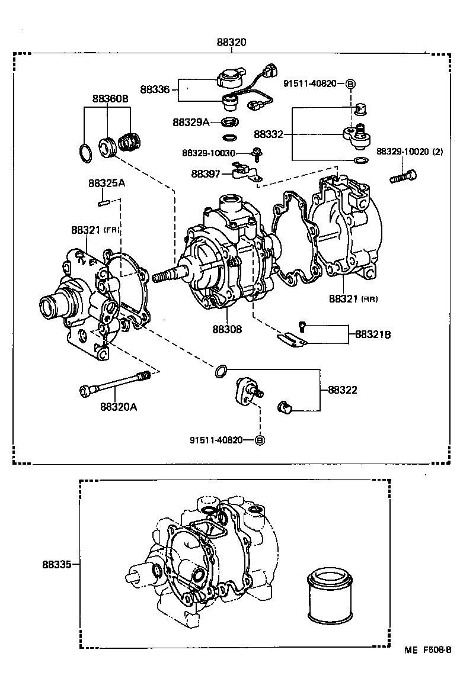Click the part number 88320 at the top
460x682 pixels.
231,42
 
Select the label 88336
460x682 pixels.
155,89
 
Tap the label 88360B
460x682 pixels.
110,99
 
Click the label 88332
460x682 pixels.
269,134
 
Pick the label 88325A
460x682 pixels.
107,183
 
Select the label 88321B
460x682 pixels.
373,334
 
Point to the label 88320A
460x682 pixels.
119,407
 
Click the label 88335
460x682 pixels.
57,565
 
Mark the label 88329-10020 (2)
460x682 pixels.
410,152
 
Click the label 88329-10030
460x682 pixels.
209,153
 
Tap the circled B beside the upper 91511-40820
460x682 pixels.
350,85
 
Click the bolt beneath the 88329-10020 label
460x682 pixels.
403,176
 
